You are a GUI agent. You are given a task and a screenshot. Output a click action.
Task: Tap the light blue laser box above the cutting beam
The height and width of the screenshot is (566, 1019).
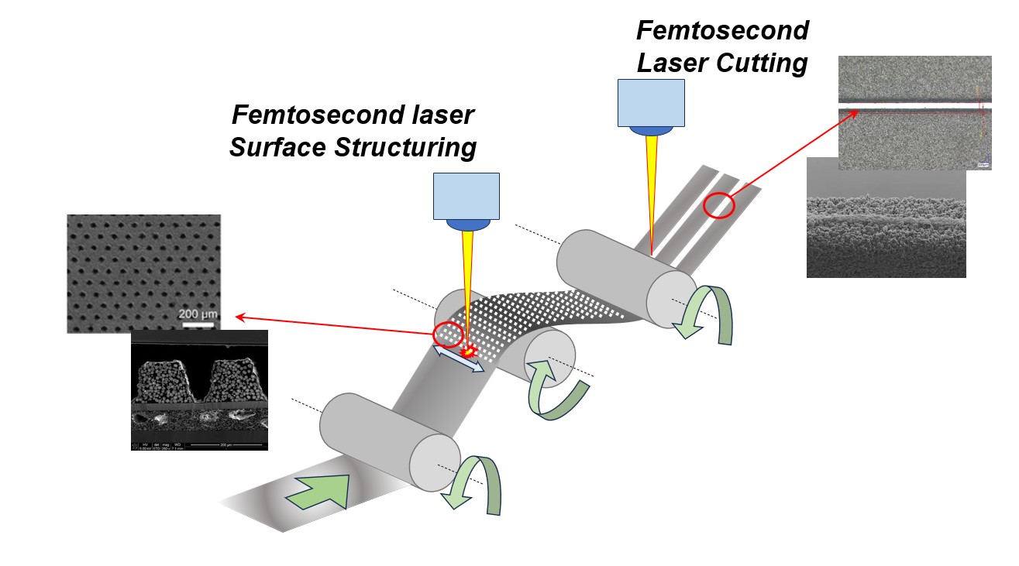(651, 102)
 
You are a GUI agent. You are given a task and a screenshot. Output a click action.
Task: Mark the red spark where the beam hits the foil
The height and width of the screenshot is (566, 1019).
(467, 352)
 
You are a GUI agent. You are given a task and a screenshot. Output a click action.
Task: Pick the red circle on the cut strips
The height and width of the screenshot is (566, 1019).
(718, 205)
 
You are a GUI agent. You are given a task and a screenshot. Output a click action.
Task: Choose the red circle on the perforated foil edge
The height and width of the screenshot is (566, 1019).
(448, 334)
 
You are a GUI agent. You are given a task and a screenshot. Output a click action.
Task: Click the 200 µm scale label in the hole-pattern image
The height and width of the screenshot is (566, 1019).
(198, 314)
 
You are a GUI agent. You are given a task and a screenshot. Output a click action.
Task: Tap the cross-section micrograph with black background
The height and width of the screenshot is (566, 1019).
(199, 389)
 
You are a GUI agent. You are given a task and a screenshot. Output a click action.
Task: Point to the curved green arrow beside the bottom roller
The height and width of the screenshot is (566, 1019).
(477, 483)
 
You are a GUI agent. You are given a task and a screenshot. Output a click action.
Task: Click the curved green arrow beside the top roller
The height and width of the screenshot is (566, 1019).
(705, 314)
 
